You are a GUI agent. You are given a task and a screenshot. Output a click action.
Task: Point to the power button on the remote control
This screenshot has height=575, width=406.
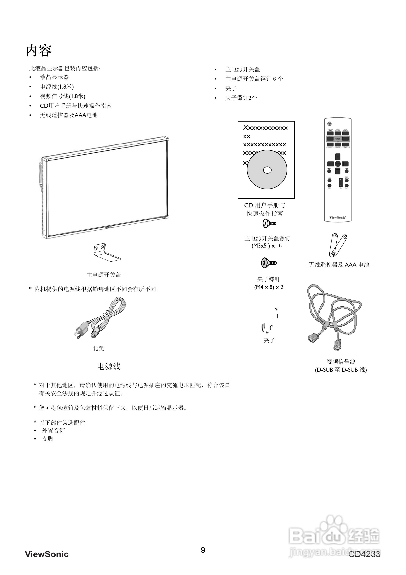click(x=329, y=123)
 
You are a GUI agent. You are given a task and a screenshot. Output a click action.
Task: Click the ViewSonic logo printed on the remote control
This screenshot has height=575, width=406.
click(x=338, y=217)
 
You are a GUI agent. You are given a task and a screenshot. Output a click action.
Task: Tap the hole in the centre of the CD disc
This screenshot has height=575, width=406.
click(x=267, y=170)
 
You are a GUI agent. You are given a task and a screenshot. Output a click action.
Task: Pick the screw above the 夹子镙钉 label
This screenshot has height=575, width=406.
click(x=269, y=263)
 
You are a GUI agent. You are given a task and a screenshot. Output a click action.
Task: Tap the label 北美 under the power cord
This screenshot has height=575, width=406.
click(x=98, y=348)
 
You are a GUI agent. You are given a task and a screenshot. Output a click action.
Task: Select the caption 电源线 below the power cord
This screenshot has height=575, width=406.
click(x=109, y=366)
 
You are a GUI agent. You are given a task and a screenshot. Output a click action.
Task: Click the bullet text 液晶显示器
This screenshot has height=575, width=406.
click(x=54, y=77)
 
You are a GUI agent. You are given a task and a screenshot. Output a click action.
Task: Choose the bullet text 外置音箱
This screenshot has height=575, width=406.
click(x=53, y=431)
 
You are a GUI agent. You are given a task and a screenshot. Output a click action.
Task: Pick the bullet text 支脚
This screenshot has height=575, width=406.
click(x=48, y=439)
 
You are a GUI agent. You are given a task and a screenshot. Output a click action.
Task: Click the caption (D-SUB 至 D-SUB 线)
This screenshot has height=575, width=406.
click(x=341, y=370)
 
